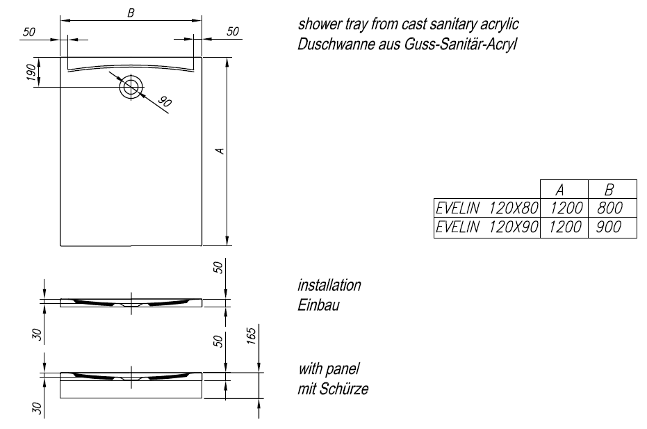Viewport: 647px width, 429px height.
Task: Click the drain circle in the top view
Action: pos(131,88)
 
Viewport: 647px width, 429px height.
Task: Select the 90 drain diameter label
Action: pos(164,102)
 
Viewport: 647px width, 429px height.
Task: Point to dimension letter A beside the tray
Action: pos(219,151)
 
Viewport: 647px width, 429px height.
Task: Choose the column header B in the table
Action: pos(611,190)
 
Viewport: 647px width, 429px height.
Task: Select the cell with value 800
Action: pos(611,208)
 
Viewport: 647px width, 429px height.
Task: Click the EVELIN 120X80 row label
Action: pos(486,208)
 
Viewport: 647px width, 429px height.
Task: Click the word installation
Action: pos(329,286)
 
